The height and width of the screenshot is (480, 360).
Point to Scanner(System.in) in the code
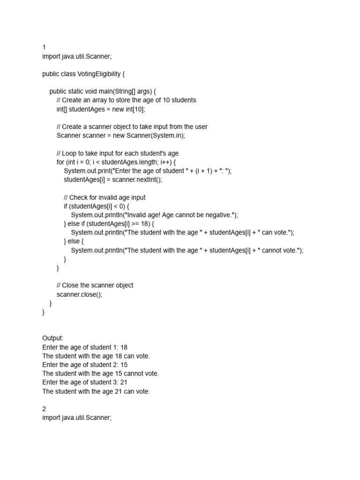click(159, 135)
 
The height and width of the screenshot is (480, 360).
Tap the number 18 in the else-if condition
click(143, 224)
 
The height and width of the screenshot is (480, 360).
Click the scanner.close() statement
click(79, 294)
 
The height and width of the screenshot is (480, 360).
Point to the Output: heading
click(52, 338)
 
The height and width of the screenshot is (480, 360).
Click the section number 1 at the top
click(44, 47)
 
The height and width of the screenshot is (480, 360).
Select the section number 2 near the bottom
click(44, 409)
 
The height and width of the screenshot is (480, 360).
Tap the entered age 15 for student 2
click(124, 365)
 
